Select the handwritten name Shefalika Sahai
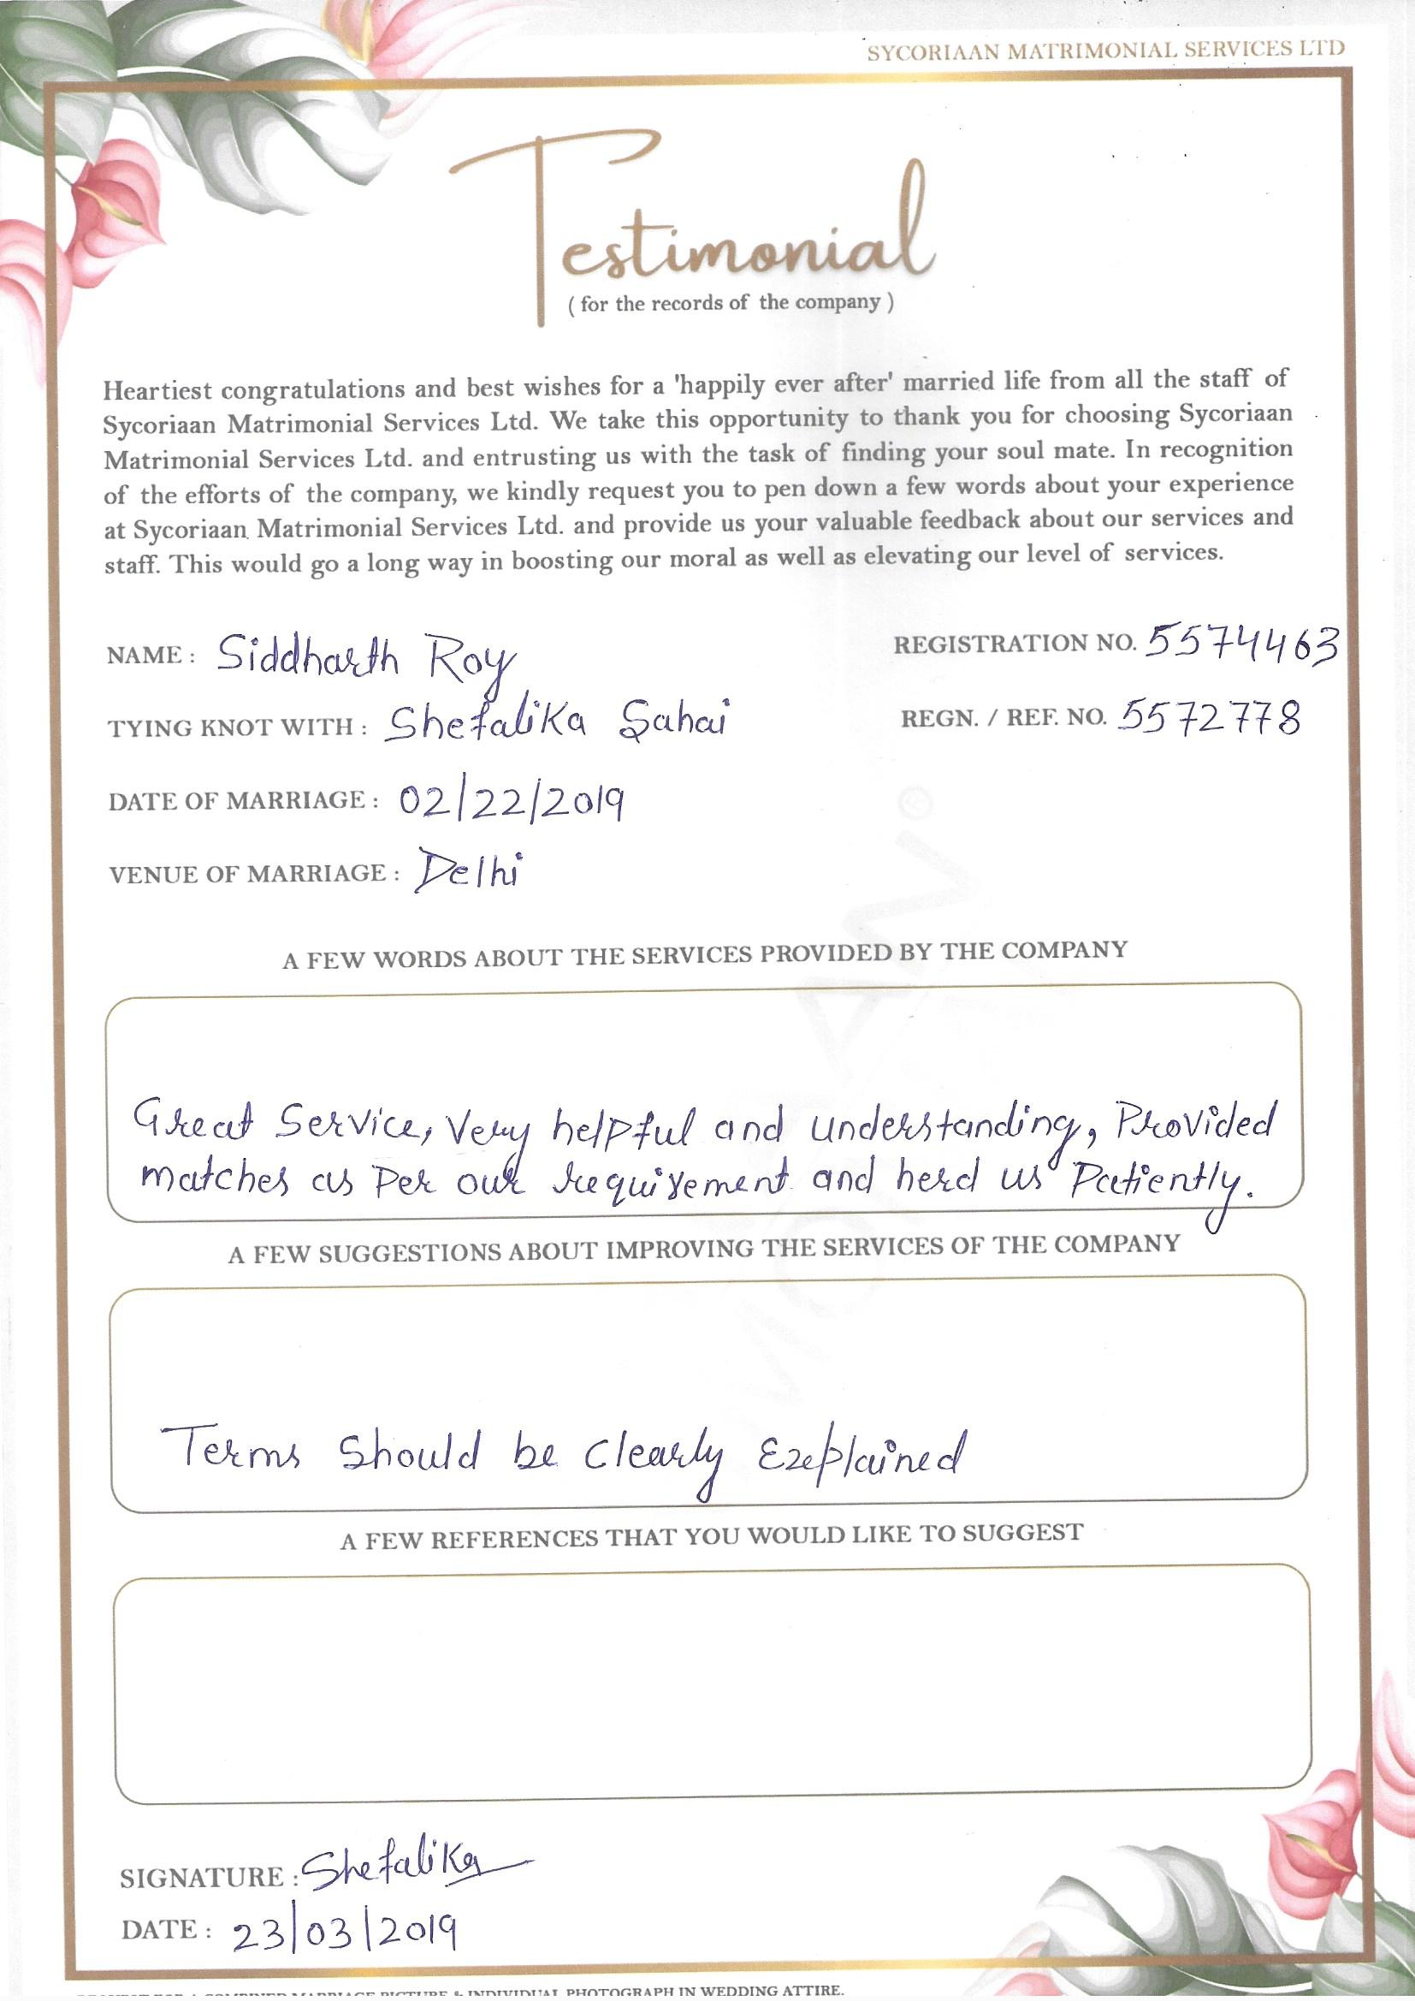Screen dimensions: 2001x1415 coord(556,722)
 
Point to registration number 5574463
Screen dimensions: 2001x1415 coord(1240,646)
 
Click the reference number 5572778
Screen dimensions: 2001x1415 coord(1210,719)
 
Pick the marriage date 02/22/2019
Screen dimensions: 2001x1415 coord(511,802)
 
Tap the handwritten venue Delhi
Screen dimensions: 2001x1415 coord(468,871)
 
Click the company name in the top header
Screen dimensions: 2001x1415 coord(1104,50)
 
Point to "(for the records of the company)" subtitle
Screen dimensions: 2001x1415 coord(730,304)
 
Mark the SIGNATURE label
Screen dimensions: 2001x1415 coord(203,1876)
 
